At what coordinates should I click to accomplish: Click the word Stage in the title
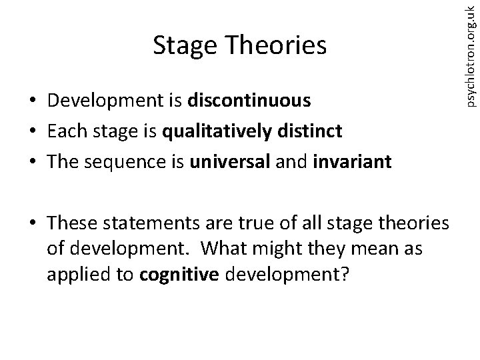click(x=183, y=46)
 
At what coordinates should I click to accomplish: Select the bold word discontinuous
click(x=250, y=101)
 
